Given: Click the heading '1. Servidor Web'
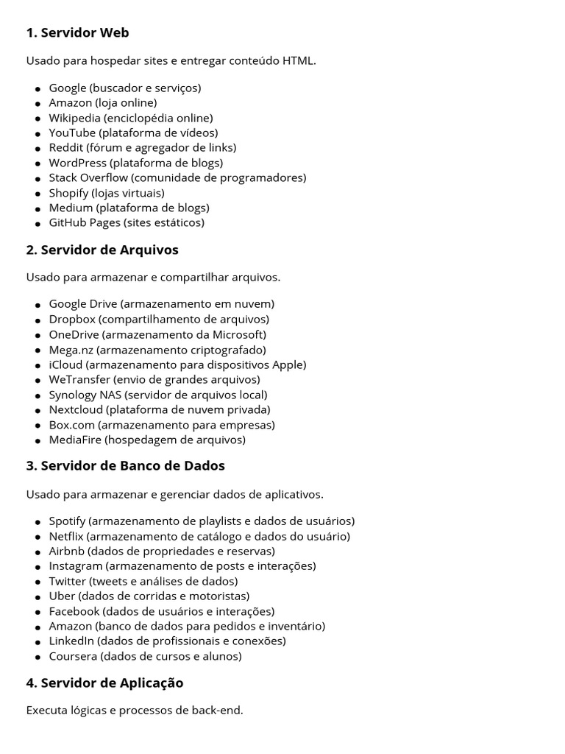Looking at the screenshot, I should [77, 32].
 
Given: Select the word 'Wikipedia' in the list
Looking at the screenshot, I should [74, 118].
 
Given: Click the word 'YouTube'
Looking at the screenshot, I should [72, 133].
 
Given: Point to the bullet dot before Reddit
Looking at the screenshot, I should [38, 149].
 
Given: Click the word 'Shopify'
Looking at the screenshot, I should [68, 193].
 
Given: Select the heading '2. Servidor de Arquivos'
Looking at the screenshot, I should [102, 250].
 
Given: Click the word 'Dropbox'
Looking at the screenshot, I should [72, 320].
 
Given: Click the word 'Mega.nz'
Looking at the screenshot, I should [71, 350].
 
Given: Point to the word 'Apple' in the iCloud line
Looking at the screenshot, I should [288, 364].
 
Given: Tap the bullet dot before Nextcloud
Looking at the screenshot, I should [38, 410].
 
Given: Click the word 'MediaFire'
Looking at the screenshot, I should [75, 440].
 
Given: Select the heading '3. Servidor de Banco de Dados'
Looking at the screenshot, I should [125, 465].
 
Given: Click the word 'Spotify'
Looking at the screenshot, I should [68, 521].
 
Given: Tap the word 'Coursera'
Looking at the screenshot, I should [73, 656].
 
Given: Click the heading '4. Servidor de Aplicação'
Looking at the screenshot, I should [104, 683].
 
